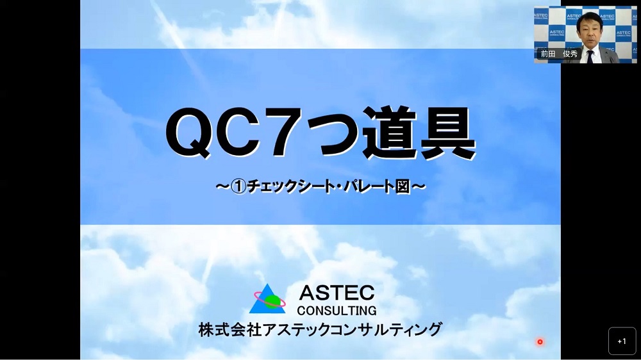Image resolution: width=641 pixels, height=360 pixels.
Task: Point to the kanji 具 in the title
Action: pyautogui.click(x=448, y=132)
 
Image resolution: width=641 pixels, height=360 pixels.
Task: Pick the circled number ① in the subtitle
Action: pyautogui.click(x=238, y=187)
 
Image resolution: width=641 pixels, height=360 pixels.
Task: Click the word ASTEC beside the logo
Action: pyautogui.click(x=337, y=293)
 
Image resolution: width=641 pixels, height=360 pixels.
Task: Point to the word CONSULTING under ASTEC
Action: pyautogui.click(x=337, y=311)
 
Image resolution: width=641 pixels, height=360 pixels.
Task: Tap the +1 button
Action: pyautogui.click(x=622, y=341)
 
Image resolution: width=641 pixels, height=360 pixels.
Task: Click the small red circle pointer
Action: pyautogui.click(x=540, y=341)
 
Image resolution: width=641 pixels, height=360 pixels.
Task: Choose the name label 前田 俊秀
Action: pyautogui.click(x=559, y=54)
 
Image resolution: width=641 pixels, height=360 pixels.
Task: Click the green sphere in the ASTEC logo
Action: pyautogui.click(x=271, y=302)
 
